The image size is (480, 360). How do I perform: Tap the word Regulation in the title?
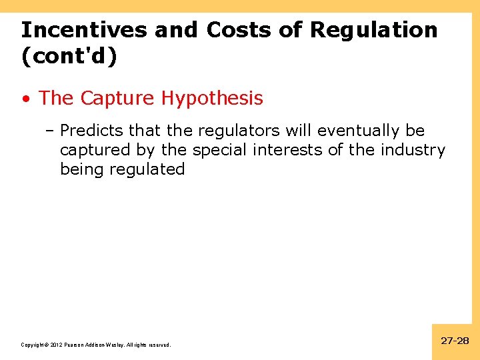[x=375, y=30]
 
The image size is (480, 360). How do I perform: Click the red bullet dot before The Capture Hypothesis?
[x=25, y=99]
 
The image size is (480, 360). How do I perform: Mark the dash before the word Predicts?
[x=50, y=131]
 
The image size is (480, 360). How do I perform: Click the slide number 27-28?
[x=455, y=341]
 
